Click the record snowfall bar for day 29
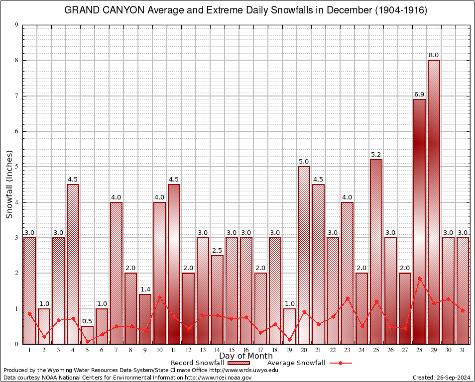point(434,201)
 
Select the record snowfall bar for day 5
point(87,335)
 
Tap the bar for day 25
point(376,251)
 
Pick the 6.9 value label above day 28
point(419,94)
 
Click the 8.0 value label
point(434,55)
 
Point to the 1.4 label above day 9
point(145,289)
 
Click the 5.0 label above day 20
point(304,161)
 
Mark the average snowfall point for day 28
point(419,278)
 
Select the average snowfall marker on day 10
point(159,297)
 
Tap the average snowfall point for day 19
point(289,339)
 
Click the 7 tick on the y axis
point(16,96)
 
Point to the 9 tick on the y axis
point(16,25)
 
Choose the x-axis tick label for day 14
point(217,350)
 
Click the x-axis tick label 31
point(463,350)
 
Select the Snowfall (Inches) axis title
point(9,184)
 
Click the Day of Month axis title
point(245,356)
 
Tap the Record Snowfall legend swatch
point(242,363)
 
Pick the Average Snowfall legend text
point(296,363)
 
